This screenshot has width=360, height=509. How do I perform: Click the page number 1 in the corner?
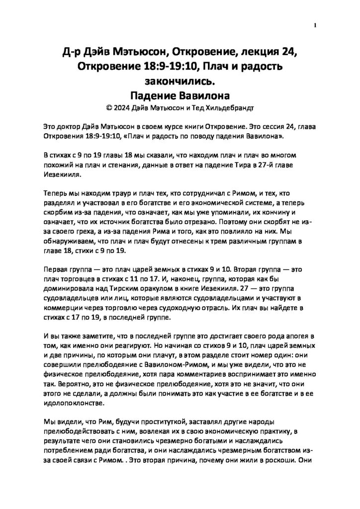click(x=315, y=25)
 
